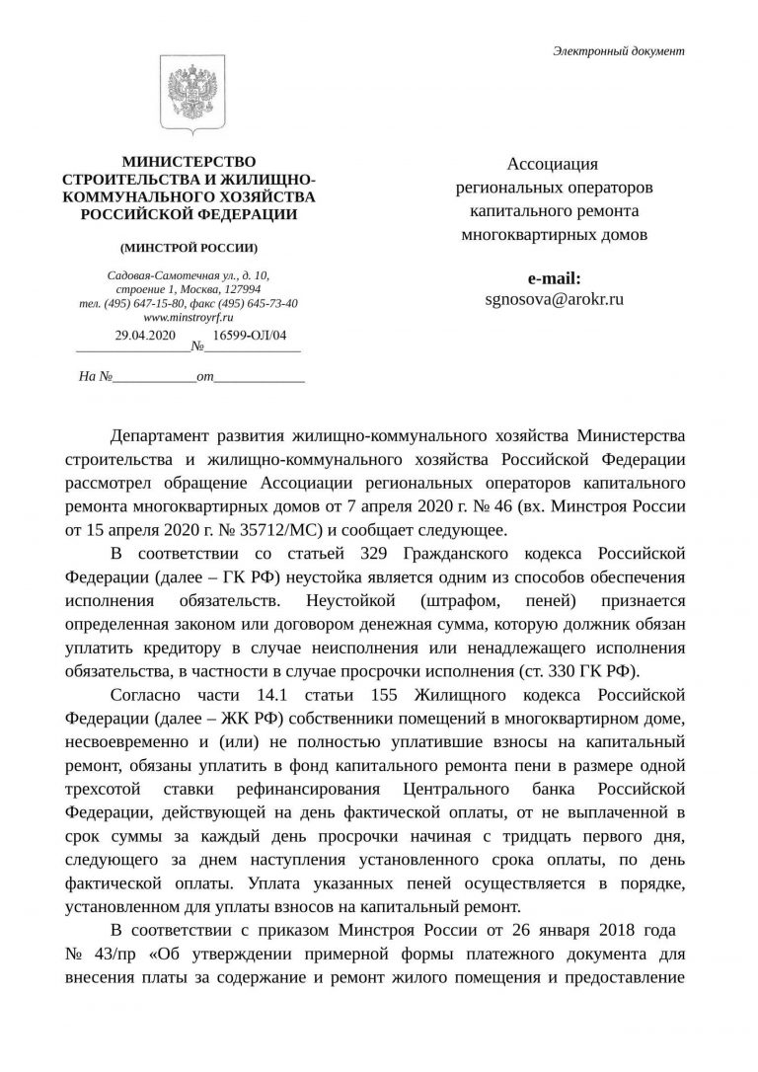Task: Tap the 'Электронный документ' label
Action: pyautogui.click(x=618, y=51)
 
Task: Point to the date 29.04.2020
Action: pyautogui.click(x=145, y=336)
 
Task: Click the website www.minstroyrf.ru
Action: pyautogui.click(x=188, y=318)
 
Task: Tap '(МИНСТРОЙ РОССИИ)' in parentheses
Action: pyautogui.click(x=188, y=247)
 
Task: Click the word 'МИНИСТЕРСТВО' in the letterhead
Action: pyautogui.click(x=188, y=162)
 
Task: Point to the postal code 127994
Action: pyautogui.click(x=241, y=289)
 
